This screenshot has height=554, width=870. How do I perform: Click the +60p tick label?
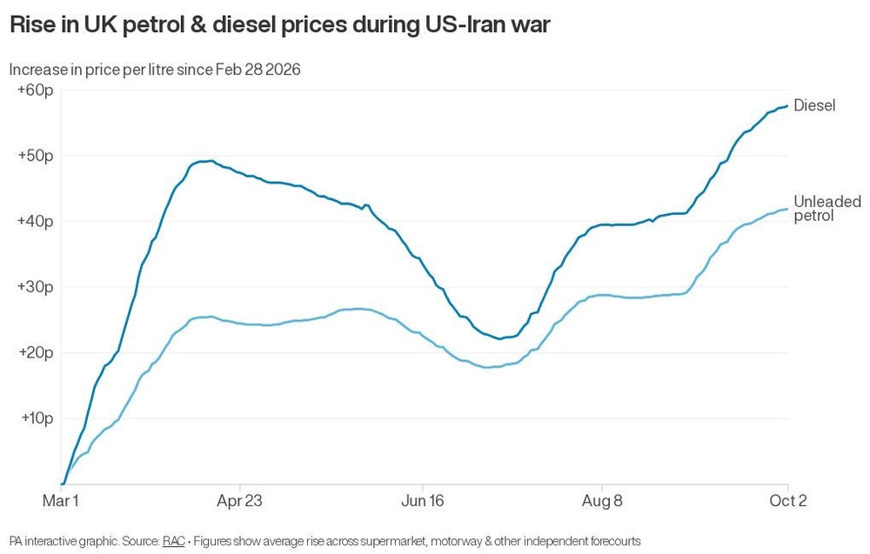(36, 90)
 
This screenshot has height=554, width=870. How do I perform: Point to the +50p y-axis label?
(36, 156)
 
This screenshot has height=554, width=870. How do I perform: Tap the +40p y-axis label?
(36, 221)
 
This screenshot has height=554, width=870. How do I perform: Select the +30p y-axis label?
(36, 287)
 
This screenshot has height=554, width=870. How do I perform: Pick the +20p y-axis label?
(36, 353)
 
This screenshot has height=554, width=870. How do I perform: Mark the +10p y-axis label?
(37, 418)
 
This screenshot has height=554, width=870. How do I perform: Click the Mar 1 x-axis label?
(61, 501)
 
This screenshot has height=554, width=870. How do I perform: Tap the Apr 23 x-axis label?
(239, 501)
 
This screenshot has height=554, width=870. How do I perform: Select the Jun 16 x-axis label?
(422, 501)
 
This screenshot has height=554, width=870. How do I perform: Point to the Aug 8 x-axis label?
(602, 501)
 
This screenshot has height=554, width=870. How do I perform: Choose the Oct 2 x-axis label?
(788, 501)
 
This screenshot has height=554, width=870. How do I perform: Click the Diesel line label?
(814, 105)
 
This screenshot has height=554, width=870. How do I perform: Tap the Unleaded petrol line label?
(827, 209)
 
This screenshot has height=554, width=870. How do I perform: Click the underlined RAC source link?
(174, 541)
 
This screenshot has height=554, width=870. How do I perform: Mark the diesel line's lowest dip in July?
(500, 339)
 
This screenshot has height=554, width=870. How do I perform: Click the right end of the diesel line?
(787, 106)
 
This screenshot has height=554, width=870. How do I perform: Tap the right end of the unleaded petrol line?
(787, 209)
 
